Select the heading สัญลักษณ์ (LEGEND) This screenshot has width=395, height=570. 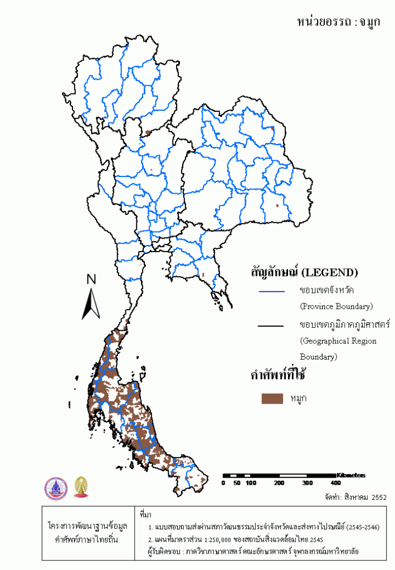[304, 273]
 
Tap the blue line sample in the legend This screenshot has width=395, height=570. [271, 291]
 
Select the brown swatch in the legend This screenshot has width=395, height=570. [271, 398]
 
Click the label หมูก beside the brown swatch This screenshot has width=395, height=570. [299, 398]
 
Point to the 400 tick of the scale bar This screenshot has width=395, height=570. [335, 483]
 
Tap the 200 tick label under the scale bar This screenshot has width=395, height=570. [279, 483]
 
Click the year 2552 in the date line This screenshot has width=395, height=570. [378, 497]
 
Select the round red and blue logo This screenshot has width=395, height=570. [55, 488]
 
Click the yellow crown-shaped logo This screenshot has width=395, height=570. [81, 488]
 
